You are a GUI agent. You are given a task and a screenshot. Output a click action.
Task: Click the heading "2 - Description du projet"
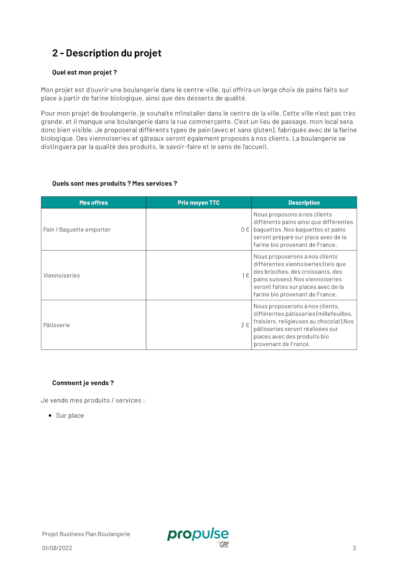(106, 53)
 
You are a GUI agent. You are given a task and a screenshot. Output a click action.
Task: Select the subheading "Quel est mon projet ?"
(84, 72)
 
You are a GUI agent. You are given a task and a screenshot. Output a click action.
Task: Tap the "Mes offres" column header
(93, 203)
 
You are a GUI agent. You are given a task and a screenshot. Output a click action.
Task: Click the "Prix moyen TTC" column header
(199, 203)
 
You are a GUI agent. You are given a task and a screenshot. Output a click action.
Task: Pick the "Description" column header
(304, 203)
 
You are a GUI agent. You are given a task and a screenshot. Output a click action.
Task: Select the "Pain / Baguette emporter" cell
(77, 230)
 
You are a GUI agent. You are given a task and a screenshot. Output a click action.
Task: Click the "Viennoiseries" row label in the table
(61, 276)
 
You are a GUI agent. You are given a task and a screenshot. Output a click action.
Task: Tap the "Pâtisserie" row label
(56, 325)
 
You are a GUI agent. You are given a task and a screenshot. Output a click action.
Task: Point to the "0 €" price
(245, 230)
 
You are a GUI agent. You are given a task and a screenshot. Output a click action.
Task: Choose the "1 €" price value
(246, 276)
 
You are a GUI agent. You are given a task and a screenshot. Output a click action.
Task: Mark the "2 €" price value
(245, 325)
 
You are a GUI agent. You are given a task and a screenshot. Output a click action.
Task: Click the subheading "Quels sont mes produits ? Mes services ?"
(115, 184)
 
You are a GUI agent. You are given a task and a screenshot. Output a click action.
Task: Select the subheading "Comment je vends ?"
(83, 383)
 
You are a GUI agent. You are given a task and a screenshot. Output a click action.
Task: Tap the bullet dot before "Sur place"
(50, 416)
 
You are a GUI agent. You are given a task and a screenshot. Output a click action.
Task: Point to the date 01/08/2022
(57, 548)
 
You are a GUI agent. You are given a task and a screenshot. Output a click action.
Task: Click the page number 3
(354, 548)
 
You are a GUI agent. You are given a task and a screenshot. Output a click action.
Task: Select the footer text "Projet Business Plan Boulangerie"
(86, 534)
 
